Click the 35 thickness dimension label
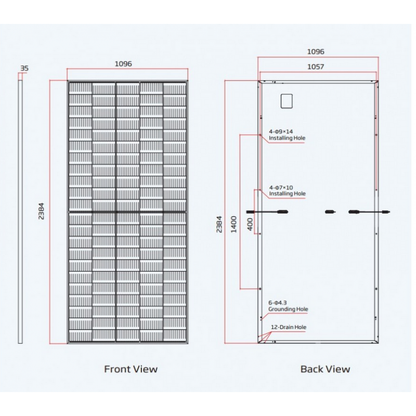point(24,68)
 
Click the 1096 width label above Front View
point(123,64)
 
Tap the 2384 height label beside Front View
point(41,211)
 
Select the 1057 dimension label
point(316,67)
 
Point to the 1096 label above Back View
point(316,51)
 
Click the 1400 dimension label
point(233,225)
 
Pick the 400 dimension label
point(250,225)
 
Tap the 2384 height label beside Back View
point(219,225)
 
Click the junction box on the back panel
point(287,101)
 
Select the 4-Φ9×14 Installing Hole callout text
point(287,135)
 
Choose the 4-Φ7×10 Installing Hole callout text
point(287,191)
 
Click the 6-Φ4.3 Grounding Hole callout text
point(288,306)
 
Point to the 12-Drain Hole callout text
point(289,327)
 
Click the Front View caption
point(131,369)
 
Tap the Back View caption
point(325,369)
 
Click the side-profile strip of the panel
point(20,212)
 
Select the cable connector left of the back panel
point(250,212)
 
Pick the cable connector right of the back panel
point(386,212)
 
